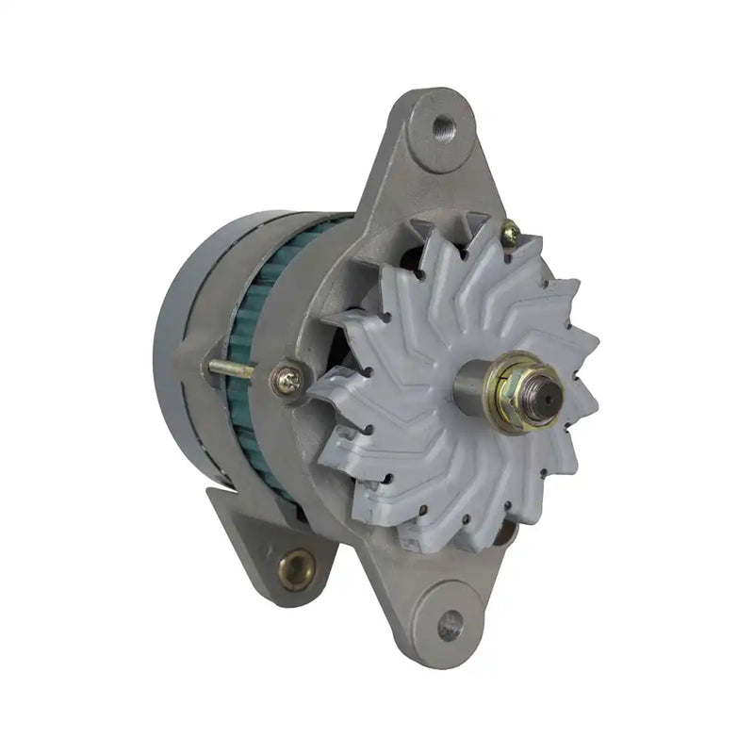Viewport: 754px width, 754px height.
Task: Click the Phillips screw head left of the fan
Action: pos(288,380)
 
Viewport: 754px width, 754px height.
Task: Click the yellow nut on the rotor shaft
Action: pos(516,385)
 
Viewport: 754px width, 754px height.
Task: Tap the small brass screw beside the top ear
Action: pos(509,230)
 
